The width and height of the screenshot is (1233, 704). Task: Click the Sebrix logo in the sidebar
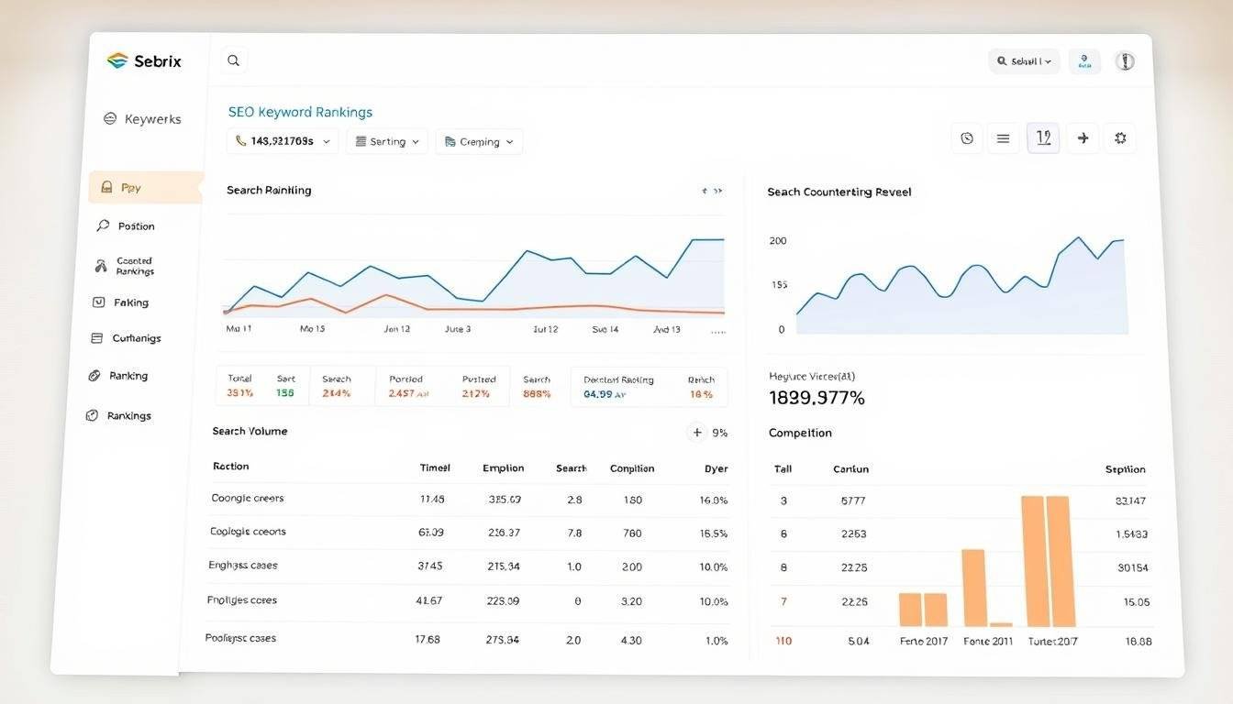[144, 61]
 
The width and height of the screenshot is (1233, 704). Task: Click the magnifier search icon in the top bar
[234, 60]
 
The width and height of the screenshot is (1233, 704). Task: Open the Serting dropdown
[386, 142]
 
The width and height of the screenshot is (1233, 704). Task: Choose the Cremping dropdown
[479, 142]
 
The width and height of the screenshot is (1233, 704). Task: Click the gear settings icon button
[1119, 138]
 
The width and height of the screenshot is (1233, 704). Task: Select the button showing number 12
[1043, 138]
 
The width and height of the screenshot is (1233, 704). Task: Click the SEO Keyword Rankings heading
[300, 112]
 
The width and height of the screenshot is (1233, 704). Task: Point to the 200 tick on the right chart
[777, 241]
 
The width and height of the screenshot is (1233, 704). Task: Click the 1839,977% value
[816, 398]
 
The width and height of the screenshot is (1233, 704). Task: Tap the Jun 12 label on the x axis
[396, 329]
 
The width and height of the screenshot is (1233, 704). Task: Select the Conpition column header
[632, 468]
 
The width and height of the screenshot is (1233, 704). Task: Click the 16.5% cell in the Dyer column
[713, 533]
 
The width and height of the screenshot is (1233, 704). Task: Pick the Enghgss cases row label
[243, 566]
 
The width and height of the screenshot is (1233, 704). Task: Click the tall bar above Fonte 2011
[973, 587]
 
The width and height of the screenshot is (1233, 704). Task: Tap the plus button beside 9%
[697, 433]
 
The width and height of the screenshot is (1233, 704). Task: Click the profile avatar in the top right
[1125, 61]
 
